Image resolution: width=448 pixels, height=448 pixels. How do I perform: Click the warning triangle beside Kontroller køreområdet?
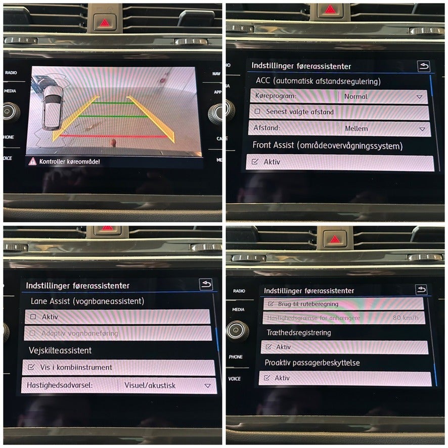click(x=33, y=161)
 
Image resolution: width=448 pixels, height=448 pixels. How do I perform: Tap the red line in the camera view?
click(x=111, y=137)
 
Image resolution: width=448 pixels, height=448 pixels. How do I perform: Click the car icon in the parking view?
click(x=52, y=107)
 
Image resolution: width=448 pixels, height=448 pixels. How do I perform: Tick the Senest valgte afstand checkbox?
click(x=258, y=112)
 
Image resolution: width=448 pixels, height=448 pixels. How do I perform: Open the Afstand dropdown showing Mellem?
click(x=422, y=129)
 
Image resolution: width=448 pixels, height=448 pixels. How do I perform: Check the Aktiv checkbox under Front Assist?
click(x=255, y=162)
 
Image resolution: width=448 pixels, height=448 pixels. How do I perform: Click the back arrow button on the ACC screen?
click(x=423, y=66)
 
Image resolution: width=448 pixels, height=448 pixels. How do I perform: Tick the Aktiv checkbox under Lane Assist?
click(x=33, y=317)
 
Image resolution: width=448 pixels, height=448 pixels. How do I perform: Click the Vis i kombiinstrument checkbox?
click(x=32, y=367)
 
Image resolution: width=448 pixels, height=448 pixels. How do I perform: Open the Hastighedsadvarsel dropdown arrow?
click(x=207, y=386)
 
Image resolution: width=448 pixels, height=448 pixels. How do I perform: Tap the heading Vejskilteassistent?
click(x=60, y=350)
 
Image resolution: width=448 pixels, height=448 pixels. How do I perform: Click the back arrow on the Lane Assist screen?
click(x=206, y=285)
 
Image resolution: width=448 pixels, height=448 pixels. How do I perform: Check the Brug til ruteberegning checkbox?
click(x=269, y=304)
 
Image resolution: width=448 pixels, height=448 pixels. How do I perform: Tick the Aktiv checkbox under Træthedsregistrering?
click(x=268, y=347)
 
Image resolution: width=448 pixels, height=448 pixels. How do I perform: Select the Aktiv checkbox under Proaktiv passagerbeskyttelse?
click(x=266, y=378)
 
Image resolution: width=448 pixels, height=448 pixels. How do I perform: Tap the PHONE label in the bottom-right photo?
click(x=236, y=357)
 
